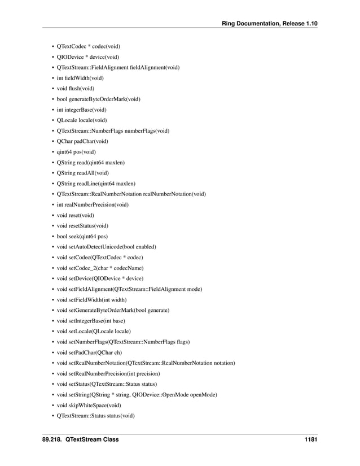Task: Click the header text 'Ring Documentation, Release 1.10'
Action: (x=270, y=23)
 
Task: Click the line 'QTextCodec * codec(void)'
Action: (x=88, y=46)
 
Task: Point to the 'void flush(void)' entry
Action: (x=76, y=88)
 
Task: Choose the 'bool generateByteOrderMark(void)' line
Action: (x=99, y=99)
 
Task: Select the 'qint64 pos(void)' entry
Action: (x=76, y=151)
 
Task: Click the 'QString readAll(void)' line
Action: (x=83, y=173)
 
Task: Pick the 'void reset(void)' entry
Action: (x=76, y=215)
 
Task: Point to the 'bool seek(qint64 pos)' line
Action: (x=82, y=236)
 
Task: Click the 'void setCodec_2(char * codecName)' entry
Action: (x=100, y=268)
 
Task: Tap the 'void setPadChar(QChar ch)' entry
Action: (x=89, y=352)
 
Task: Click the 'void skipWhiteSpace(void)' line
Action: (x=87, y=405)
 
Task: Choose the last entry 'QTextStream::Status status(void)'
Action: (x=96, y=416)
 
